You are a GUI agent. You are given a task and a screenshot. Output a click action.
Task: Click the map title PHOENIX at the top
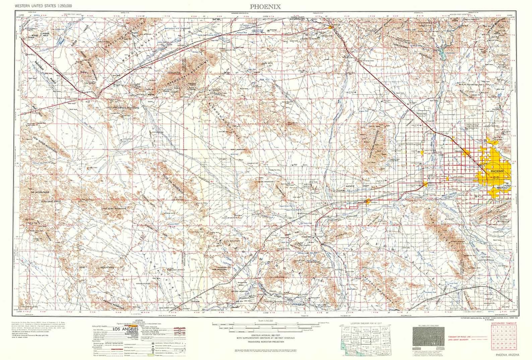[265, 6]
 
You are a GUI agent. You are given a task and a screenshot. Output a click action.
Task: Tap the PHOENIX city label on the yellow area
[496, 171]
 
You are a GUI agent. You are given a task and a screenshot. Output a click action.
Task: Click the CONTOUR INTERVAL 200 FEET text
[265, 335]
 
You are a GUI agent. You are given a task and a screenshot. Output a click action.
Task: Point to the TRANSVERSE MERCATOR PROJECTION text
[265, 342]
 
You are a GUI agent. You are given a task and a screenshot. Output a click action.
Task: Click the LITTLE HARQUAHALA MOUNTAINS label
[122, 108]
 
